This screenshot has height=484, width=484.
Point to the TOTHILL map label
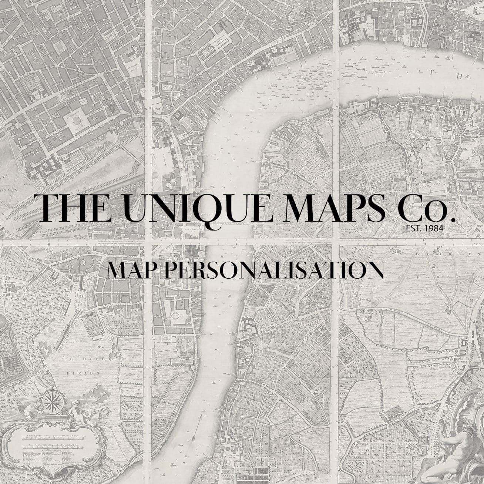click(79, 359)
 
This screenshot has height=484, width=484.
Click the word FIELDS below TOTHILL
click(85, 373)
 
